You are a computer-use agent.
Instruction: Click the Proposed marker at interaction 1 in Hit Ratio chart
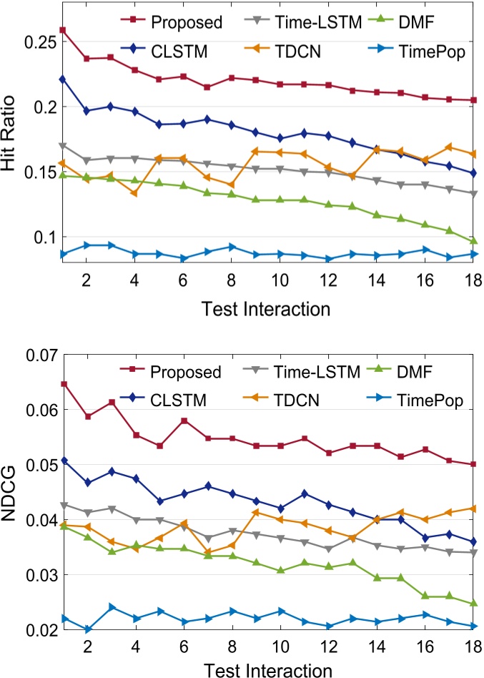(63, 30)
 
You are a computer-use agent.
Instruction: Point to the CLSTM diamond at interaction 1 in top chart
(63, 79)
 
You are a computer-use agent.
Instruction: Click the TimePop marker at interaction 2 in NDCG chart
(87, 629)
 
